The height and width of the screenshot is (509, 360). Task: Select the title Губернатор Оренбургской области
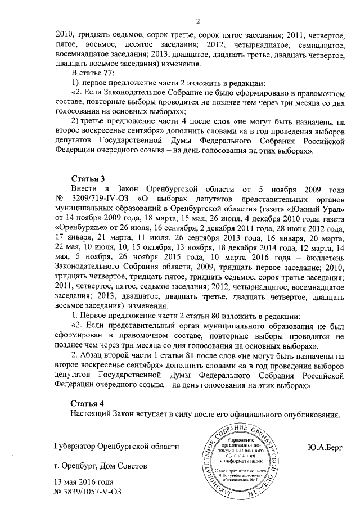(116, 447)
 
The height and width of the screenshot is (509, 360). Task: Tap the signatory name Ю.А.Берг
(325, 447)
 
